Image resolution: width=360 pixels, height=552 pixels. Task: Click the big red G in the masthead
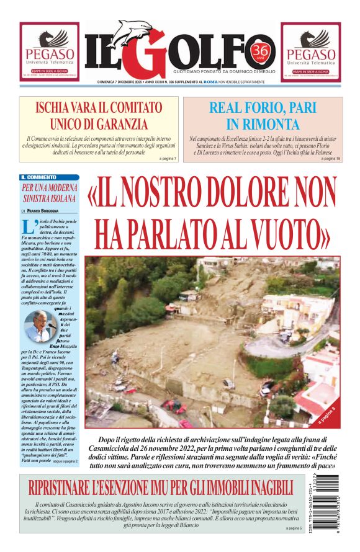coord(145,52)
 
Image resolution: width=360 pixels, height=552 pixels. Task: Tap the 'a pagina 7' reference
coord(168,159)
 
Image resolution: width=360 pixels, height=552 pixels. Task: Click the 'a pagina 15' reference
coord(331,159)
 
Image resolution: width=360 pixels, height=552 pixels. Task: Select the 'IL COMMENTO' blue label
coord(39,177)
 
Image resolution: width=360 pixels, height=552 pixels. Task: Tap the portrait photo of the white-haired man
coord(38,326)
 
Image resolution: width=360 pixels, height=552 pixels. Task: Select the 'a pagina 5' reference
coord(294,528)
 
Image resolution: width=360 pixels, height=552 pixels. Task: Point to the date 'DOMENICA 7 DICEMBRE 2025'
coord(125,82)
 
